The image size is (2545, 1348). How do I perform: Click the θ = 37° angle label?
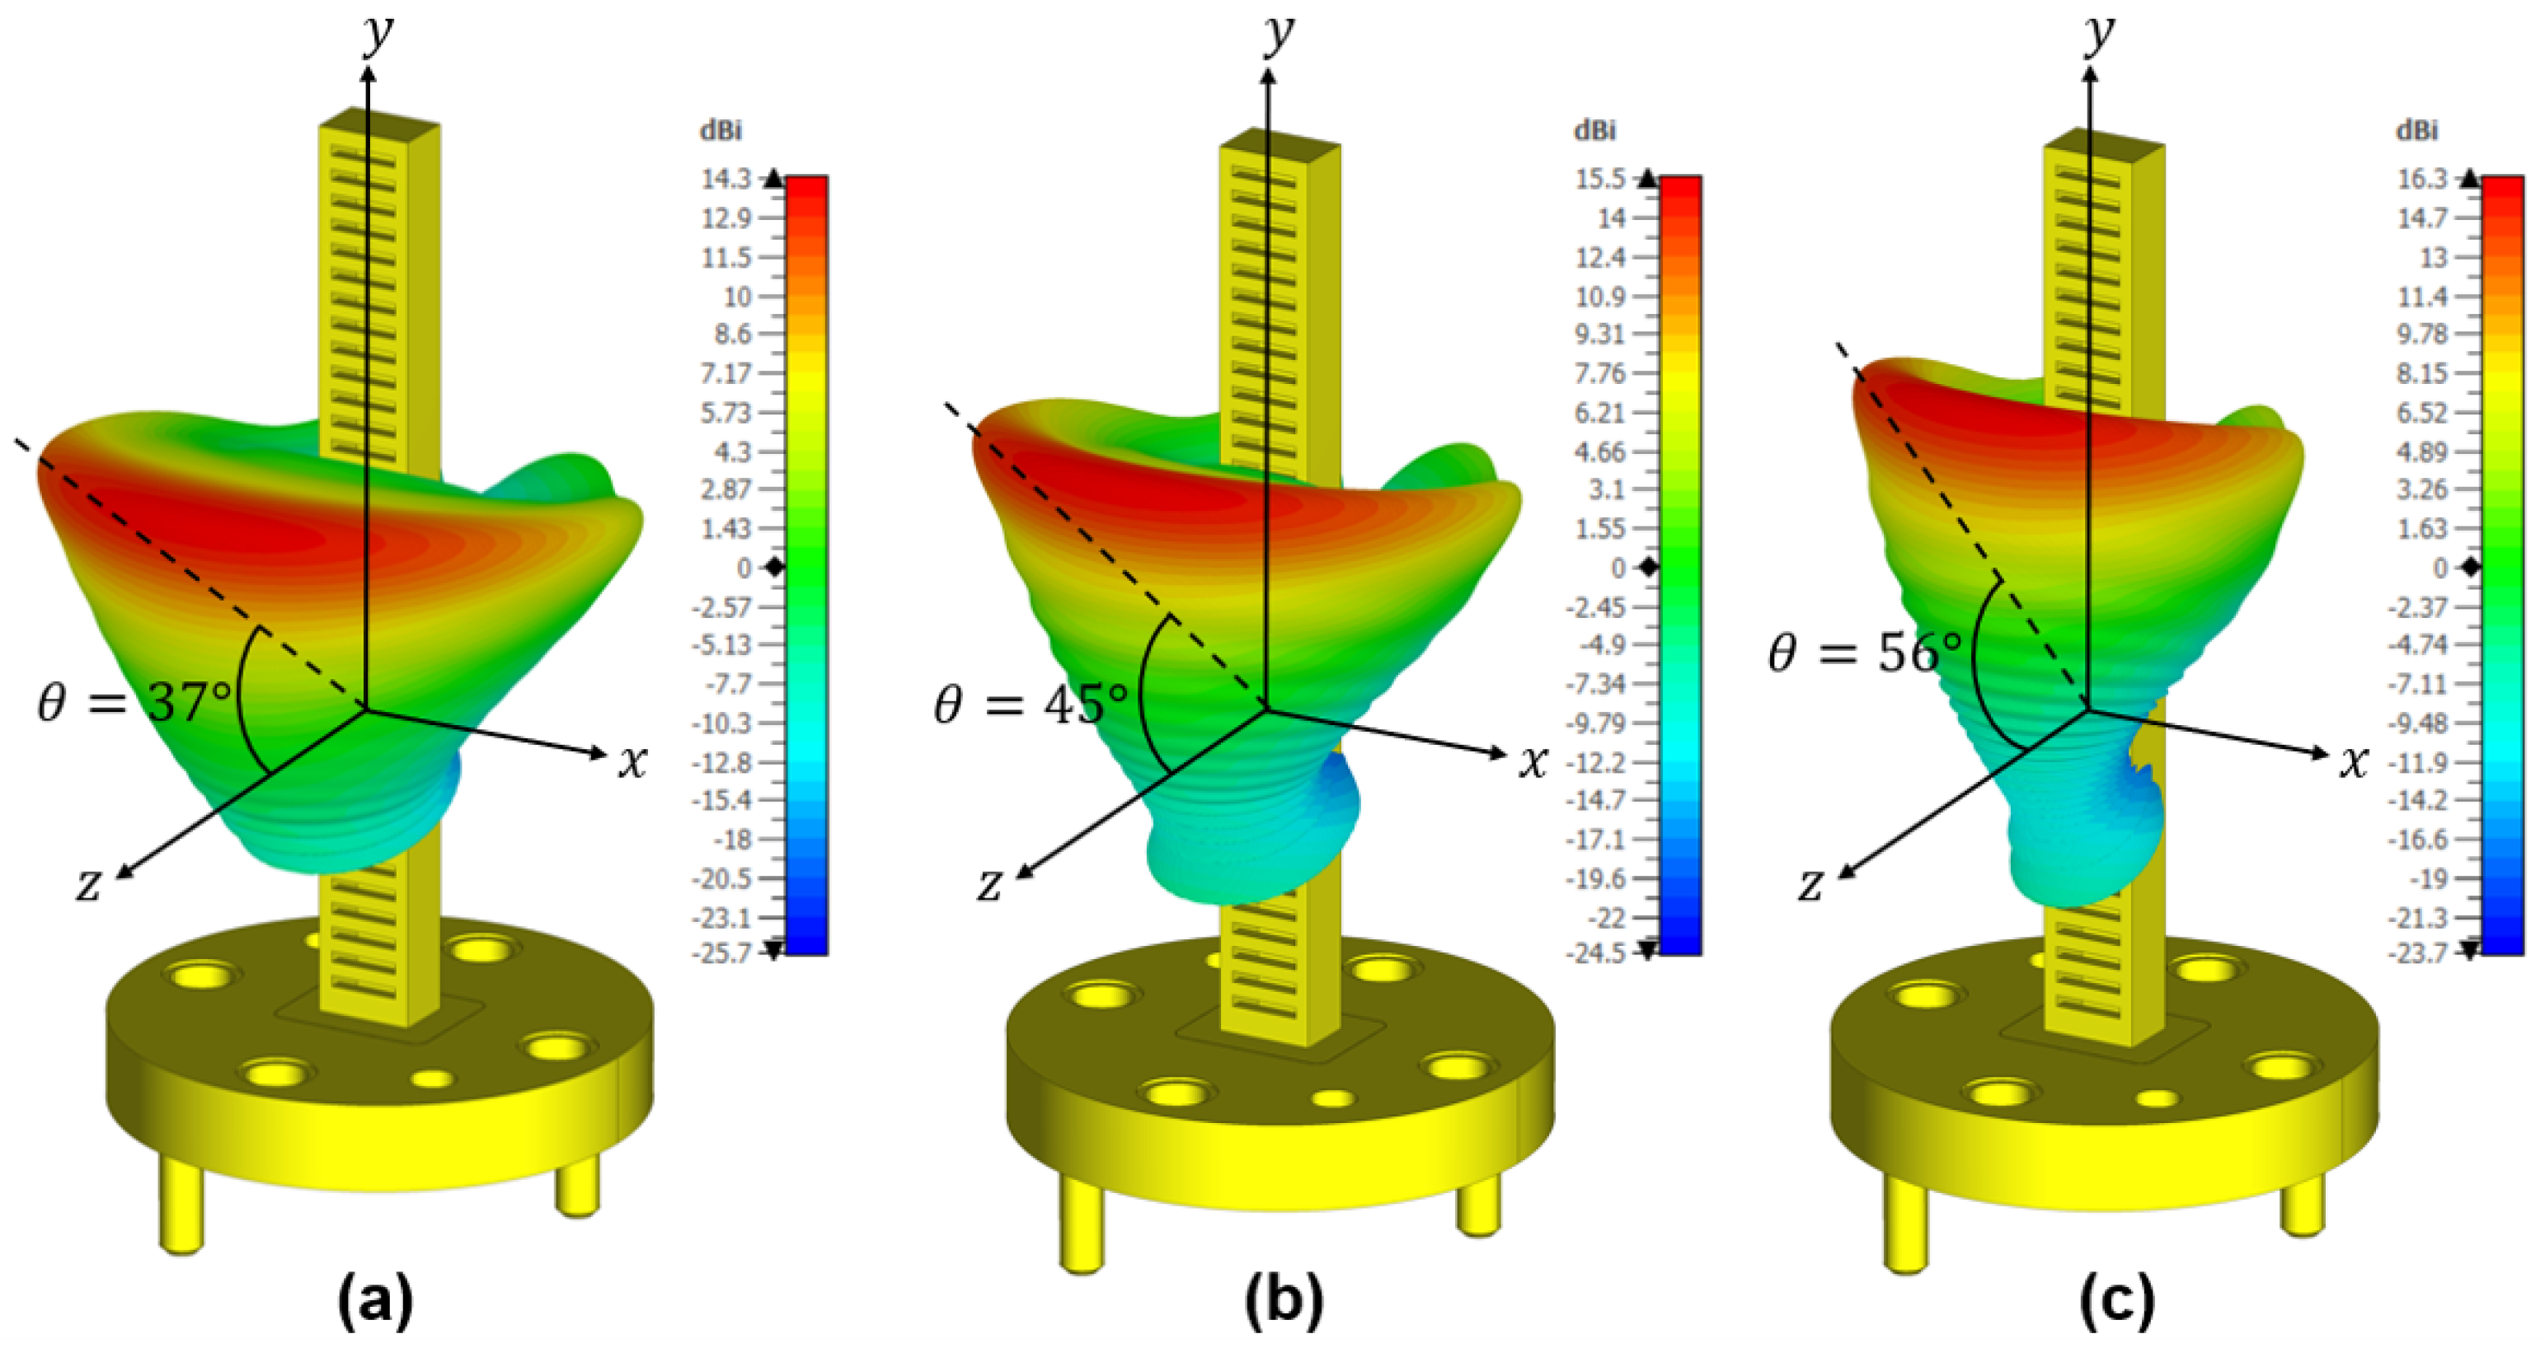point(134,703)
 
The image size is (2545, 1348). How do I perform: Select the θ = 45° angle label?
point(1031,703)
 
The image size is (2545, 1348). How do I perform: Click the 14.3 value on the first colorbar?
point(726,179)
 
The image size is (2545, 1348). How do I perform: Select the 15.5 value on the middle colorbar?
point(1600,179)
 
